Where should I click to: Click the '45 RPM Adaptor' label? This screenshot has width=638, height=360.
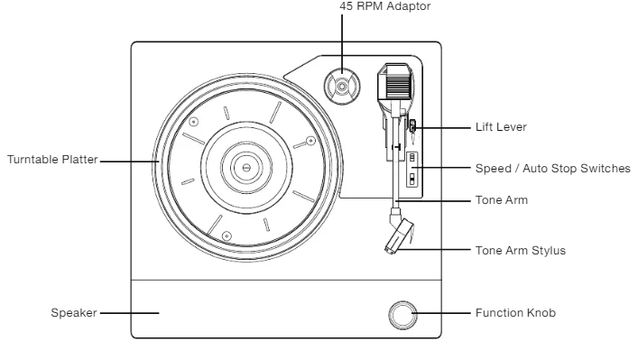coord(385,6)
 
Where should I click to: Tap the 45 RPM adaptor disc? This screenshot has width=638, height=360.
coord(342,87)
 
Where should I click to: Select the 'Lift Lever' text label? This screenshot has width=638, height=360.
coord(501,127)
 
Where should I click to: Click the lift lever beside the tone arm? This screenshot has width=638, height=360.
coord(412,127)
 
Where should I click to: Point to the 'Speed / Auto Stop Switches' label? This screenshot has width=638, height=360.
coord(552,169)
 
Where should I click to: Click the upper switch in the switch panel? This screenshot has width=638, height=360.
coord(412,157)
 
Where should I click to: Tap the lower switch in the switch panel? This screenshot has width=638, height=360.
coord(412,179)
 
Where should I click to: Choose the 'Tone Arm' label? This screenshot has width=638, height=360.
coord(502,200)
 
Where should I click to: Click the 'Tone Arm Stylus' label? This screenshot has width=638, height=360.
coord(521,251)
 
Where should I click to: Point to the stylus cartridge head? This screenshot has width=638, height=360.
coord(399,236)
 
